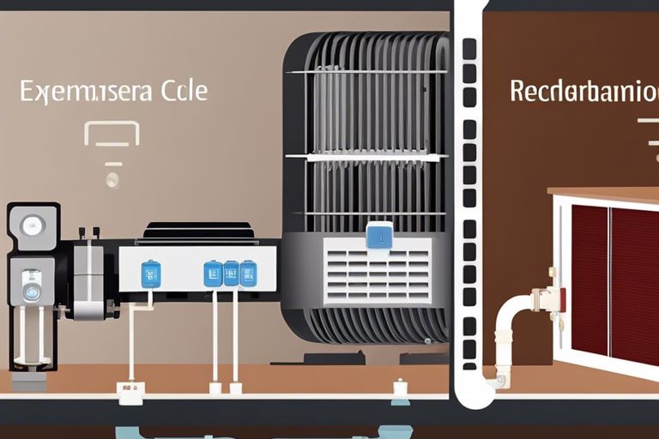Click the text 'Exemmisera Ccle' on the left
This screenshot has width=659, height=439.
coord(113,93)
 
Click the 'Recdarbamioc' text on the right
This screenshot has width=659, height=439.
coord(583,91)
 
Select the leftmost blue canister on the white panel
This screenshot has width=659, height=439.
coord(150,274)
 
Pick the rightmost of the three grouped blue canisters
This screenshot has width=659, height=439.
coord(248,273)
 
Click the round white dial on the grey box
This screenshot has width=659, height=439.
coord(33,226)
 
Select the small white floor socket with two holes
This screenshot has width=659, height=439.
coord(130,394)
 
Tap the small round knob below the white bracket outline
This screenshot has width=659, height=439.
coord(112,179)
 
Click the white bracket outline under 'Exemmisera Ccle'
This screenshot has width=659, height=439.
coord(112,132)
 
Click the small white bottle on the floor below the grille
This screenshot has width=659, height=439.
coord(399,391)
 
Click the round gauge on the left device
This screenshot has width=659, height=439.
coord(32,290)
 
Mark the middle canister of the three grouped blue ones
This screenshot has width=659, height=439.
coord(231,273)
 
